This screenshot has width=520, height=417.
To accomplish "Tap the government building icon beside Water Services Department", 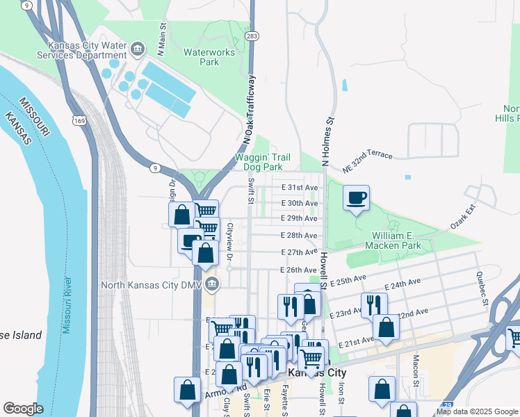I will pos(138,48).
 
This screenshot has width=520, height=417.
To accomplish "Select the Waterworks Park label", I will pos(201,57).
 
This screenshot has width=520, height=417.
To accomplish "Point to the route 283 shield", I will pos(252,35).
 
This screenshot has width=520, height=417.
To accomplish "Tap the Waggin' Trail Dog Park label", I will pos(259,163).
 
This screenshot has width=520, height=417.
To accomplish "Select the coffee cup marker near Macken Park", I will pos(355,198).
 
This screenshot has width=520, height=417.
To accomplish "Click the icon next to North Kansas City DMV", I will pos(213,284).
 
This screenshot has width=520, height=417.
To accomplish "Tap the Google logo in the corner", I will pos(23,409).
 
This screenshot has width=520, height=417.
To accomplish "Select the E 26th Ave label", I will pos(298,270).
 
